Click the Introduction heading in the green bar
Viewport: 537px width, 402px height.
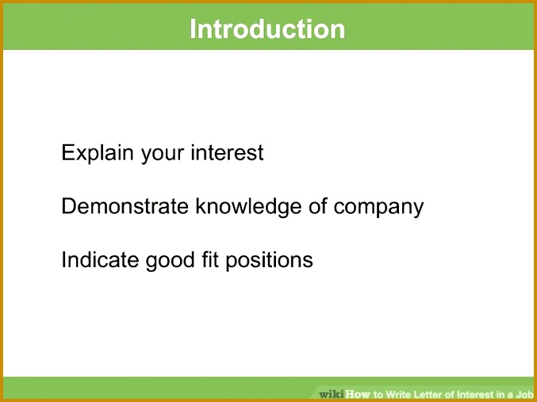pyautogui.click(x=267, y=29)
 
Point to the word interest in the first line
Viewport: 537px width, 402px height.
pyautogui.click(x=227, y=152)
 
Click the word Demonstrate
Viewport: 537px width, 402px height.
pyautogui.click(x=125, y=207)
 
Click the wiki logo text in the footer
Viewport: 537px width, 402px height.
pyautogui.click(x=331, y=393)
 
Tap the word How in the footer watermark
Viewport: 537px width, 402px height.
pyautogui.click(x=357, y=393)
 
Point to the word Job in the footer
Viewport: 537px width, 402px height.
pyautogui.click(x=524, y=393)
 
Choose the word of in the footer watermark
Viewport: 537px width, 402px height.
pyautogui.click(x=460, y=393)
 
